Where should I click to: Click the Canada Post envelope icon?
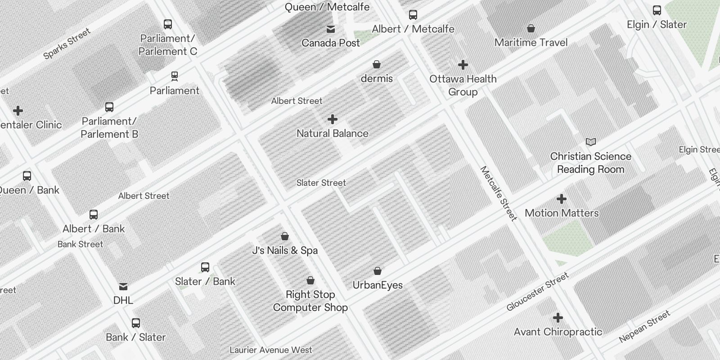331,29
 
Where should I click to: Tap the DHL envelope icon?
123,287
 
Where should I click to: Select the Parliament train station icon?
175,76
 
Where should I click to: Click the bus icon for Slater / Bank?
205,267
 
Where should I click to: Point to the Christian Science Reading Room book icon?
591,142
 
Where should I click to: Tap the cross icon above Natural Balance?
333,119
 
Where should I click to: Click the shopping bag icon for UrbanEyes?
378,271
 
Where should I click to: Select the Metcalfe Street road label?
499,193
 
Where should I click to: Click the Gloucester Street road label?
537,292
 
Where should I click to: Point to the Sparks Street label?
67,44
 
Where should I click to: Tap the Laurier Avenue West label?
270,350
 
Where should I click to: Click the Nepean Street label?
644,326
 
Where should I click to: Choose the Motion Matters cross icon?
562,199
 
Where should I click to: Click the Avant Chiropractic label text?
558,332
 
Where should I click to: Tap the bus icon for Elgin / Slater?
657,10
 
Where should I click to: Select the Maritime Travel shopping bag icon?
531,28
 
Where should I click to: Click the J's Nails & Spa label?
285,251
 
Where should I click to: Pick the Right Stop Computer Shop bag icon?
310,281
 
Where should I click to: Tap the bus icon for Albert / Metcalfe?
413,15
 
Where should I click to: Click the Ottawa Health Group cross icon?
463,65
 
